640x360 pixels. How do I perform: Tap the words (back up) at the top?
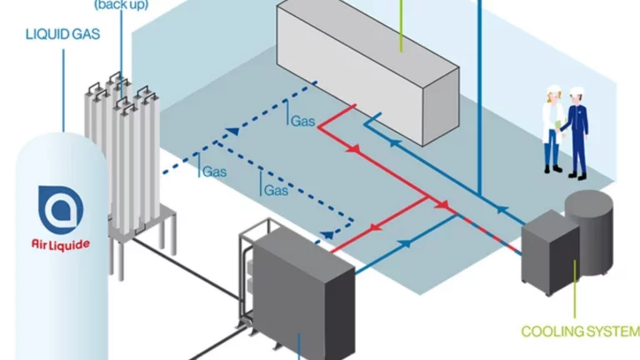122,5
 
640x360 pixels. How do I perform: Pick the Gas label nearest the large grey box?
302,121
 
